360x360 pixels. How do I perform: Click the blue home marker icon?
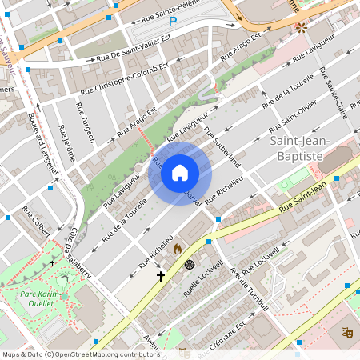click(x=180, y=171)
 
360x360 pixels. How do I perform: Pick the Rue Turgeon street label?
click(x=86, y=122)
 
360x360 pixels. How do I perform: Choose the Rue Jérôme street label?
click(x=68, y=142)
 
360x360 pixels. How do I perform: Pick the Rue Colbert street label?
click(x=37, y=221)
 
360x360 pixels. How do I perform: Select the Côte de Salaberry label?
click(x=79, y=251)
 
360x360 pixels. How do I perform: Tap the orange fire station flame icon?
click(x=178, y=250)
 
